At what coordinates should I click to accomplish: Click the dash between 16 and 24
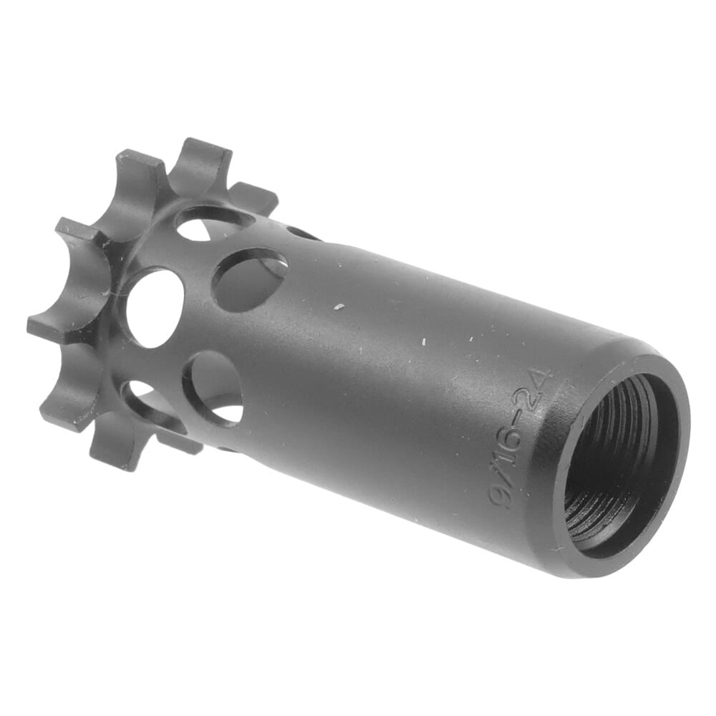tap(531, 414)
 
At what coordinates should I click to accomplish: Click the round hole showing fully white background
tap(154, 308)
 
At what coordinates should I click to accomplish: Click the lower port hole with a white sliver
tap(215, 390)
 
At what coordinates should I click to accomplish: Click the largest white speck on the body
tap(339, 307)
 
